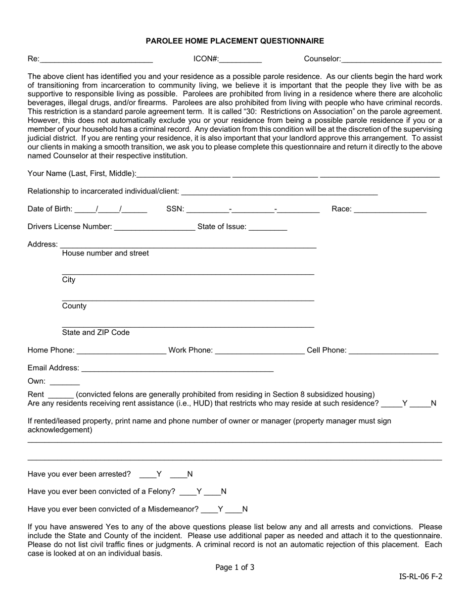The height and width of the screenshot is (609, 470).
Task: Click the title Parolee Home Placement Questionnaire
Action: [235, 41]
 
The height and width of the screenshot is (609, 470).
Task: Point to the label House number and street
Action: [105, 254]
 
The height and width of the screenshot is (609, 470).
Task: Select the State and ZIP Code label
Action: [96, 333]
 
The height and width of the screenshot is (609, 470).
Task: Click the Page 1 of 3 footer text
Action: [235, 567]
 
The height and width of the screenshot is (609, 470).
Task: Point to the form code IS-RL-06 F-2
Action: [421, 576]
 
